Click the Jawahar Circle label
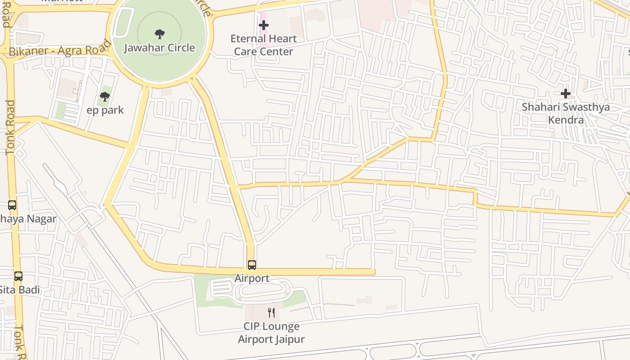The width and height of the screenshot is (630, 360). (159, 48)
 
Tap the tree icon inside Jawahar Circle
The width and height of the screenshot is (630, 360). (159, 34)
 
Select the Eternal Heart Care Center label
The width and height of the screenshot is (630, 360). (263, 45)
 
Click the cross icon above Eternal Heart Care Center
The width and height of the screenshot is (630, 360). (264, 26)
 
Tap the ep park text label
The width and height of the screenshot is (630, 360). (105, 110)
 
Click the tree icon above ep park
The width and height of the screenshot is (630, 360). (105, 96)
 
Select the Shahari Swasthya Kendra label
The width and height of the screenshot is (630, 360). (566, 113)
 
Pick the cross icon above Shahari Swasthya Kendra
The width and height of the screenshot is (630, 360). (566, 94)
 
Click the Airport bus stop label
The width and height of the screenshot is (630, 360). (252, 279)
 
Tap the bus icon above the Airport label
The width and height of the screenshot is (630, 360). (252, 265)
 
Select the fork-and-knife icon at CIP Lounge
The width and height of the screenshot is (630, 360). (271, 313)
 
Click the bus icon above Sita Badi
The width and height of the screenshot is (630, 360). (18, 276)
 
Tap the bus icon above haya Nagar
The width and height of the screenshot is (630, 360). (12, 205)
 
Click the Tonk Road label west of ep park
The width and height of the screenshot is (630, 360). (10, 128)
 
